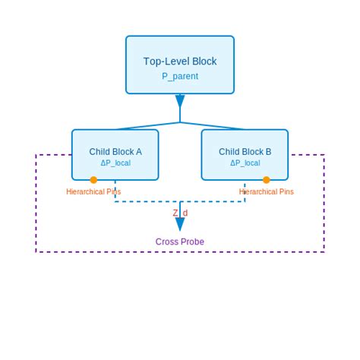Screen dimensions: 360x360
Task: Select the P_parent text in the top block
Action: click(180, 76)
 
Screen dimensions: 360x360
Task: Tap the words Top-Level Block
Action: click(180, 62)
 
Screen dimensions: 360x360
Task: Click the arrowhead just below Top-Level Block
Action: click(180, 102)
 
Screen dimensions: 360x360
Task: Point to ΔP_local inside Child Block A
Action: click(115, 163)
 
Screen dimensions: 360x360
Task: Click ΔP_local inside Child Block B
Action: click(245, 163)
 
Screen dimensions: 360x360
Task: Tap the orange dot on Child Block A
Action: click(93, 180)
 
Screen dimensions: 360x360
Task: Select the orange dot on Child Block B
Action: click(267, 180)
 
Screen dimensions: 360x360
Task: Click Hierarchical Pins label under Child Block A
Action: click(93, 191)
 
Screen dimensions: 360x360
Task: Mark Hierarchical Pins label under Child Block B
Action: click(267, 191)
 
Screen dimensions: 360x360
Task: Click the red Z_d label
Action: click(180, 213)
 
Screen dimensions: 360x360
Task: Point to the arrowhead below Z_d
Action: click(180, 225)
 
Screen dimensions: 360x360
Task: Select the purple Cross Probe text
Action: click(180, 242)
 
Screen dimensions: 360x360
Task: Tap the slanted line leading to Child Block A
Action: click(148, 126)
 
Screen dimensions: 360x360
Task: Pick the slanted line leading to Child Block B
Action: click(213, 126)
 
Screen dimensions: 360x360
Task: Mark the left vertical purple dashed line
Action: click(36, 205)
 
